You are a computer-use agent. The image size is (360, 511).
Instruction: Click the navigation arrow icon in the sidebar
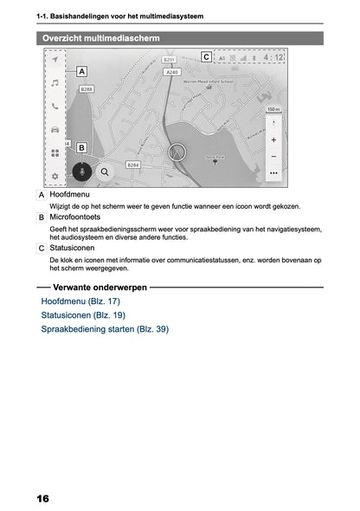[55, 61]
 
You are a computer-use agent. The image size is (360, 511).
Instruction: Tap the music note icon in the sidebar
[55, 83]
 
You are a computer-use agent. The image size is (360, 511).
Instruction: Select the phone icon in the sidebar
[55, 107]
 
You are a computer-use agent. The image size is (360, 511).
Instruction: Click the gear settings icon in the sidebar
[55, 176]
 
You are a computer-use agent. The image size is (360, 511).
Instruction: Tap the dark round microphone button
[82, 171]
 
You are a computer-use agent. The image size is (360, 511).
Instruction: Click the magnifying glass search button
[105, 171]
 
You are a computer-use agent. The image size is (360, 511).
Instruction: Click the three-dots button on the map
[273, 172]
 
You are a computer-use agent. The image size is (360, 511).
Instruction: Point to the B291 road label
[170, 61]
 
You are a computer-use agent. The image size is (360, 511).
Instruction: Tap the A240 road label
[172, 73]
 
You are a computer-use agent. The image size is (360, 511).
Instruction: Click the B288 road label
[87, 89]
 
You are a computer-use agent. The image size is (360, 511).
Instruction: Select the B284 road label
[133, 164]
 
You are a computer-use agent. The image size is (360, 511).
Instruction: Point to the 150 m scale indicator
[273, 110]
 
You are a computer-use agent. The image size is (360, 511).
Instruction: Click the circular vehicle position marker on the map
[178, 152]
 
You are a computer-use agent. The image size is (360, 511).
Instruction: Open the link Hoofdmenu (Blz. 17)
[80, 301]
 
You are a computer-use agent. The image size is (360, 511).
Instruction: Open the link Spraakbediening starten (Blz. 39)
[105, 329]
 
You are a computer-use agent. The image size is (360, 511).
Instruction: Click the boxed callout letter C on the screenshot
[206, 57]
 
